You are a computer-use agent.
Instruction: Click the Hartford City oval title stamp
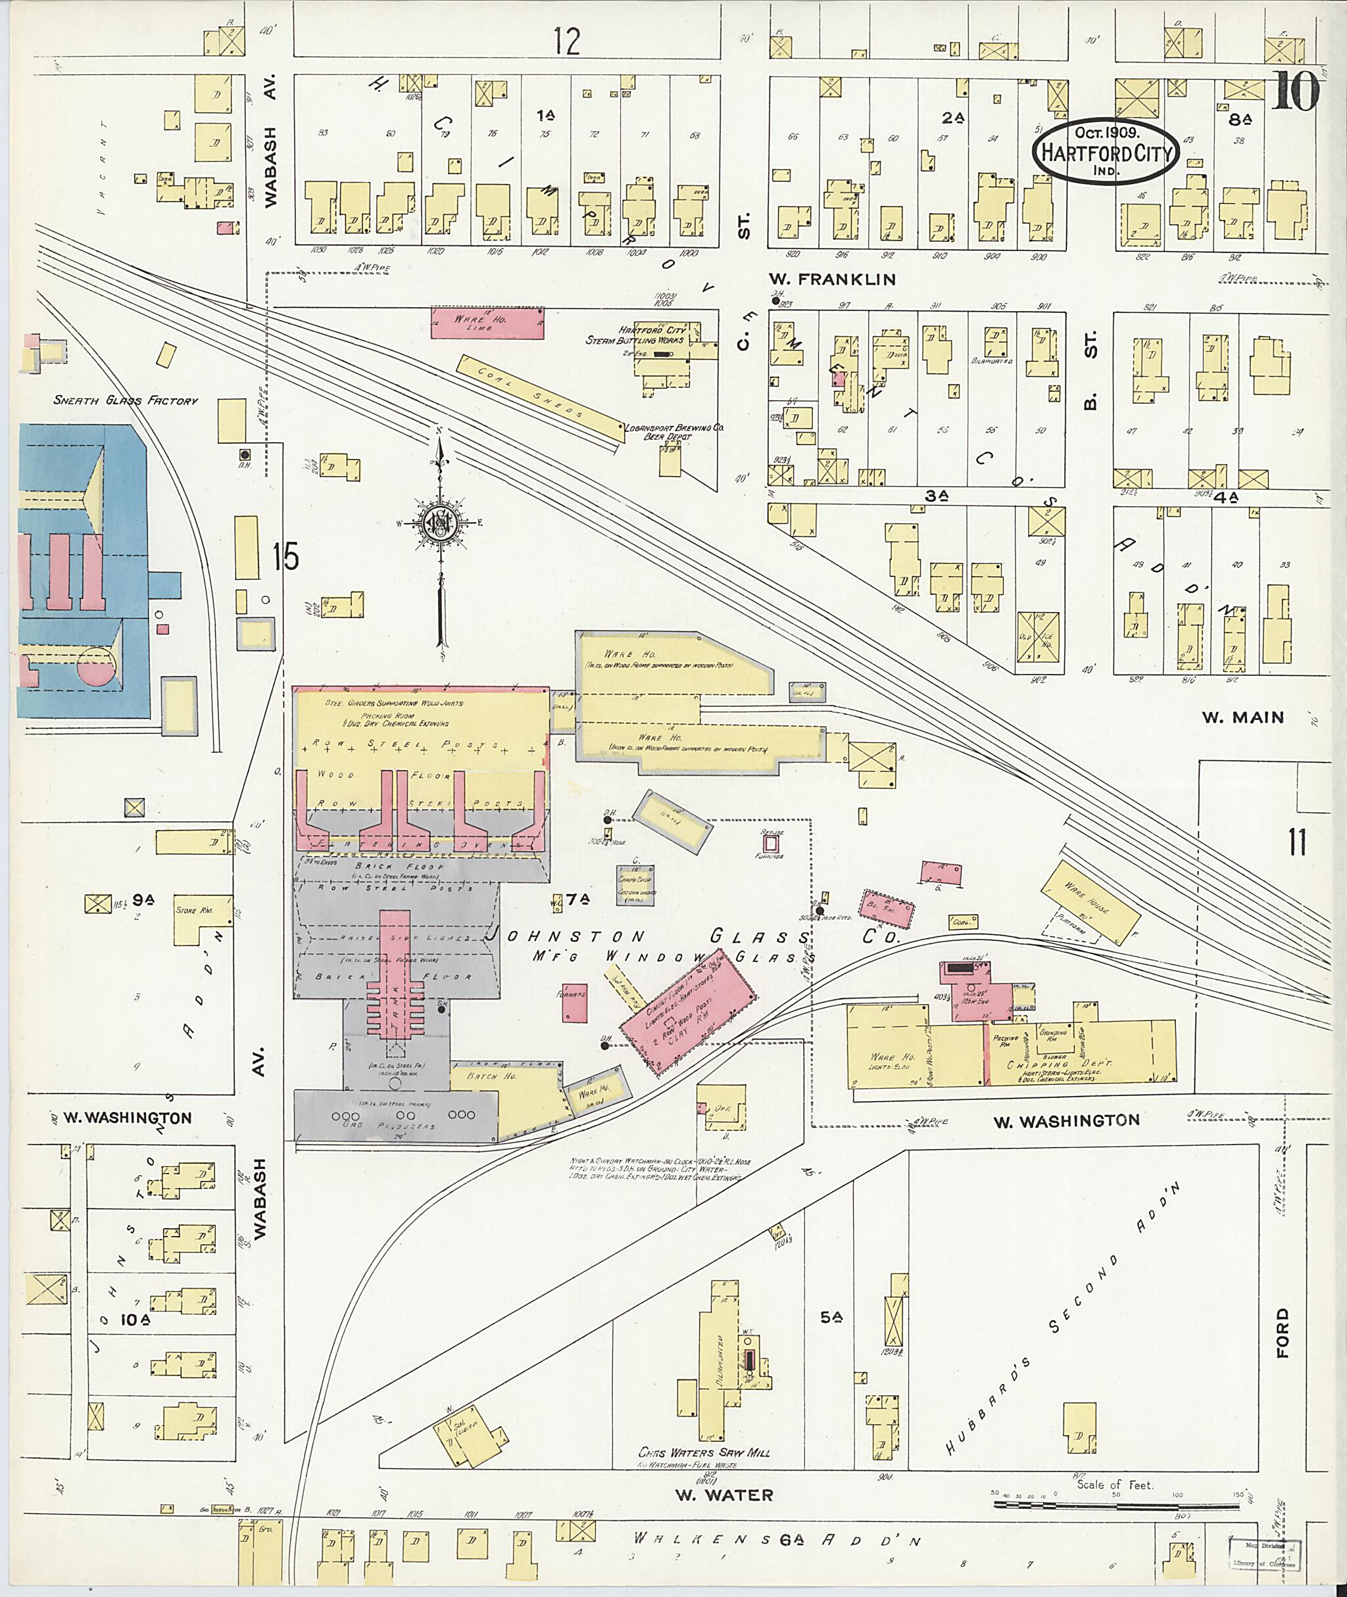[1106, 151]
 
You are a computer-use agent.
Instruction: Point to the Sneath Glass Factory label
[125, 400]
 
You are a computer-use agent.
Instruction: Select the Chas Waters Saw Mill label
[704, 1452]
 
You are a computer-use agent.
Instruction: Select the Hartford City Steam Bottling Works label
[635, 335]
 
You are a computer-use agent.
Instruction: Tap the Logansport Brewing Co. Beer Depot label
[673, 433]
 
